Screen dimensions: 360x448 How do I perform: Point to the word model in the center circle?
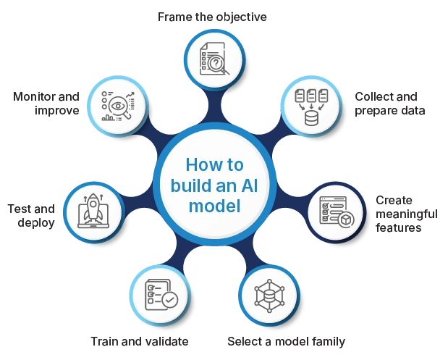click(214, 206)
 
